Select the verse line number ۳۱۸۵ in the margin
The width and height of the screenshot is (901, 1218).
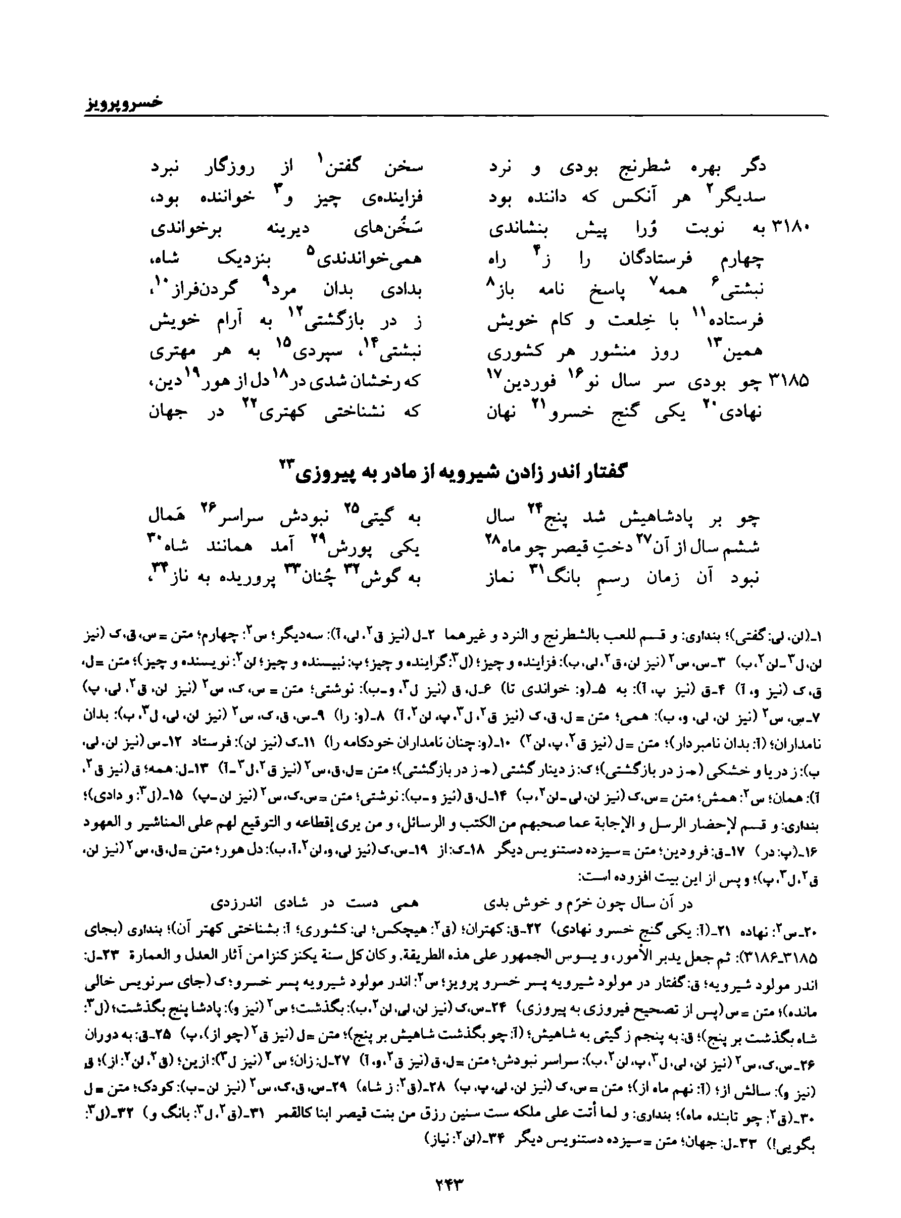(x=789, y=381)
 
